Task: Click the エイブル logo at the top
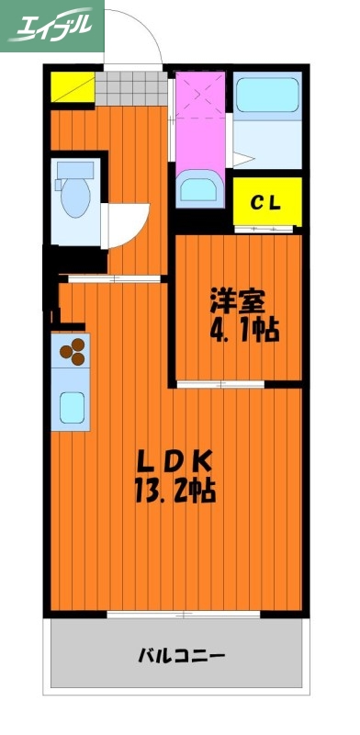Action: [x=52, y=28]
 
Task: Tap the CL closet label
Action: [x=266, y=200]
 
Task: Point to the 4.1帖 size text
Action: [x=243, y=328]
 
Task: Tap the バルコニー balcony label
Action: [x=181, y=656]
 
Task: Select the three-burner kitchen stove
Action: [x=73, y=349]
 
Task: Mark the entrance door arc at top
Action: [x=135, y=41]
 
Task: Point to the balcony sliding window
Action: [x=177, y=614]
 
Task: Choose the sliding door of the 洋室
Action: [x=220, y=381]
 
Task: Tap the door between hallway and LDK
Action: [x=110, y=277]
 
